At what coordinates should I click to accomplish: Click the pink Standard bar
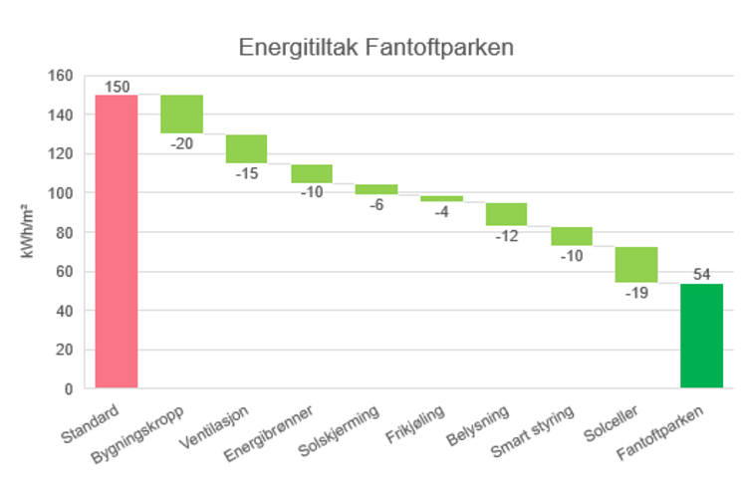(117, 241)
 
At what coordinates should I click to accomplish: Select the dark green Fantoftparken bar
(701, 336)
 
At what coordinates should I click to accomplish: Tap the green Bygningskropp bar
(181, 114)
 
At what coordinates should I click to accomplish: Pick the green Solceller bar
(635, 264)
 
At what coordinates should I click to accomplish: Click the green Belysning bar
(506, 214)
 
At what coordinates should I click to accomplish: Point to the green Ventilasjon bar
(246, 148)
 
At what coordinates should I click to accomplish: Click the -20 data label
(181, 143)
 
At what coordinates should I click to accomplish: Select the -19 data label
(635, 293)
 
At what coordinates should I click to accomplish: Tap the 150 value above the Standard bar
(117, 87)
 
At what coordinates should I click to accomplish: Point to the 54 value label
(701, 275)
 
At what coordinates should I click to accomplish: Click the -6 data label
(376, 203)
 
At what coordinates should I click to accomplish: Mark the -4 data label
(441, 211)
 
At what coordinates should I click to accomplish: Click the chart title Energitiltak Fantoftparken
(375, 48)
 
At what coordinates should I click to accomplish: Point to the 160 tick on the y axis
(62, 76)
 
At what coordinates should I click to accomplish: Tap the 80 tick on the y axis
(65, 232)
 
